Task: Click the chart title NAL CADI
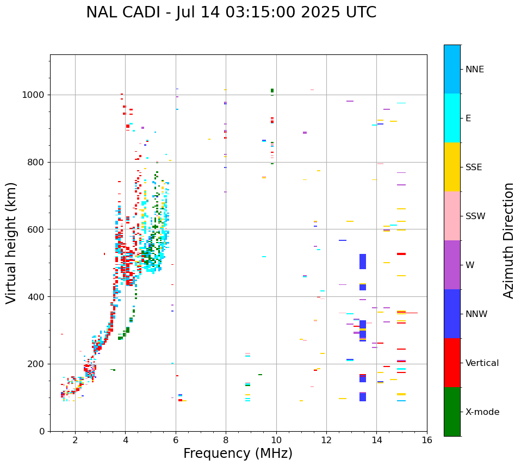231,13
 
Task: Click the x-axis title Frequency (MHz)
238,453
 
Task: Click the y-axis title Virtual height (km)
11,243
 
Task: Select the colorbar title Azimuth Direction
508,240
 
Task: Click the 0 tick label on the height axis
42,431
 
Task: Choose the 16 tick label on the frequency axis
427,440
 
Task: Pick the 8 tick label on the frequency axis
226,440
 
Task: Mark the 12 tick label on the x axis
326,440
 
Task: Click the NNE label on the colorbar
475,70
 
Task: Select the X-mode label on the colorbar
482,412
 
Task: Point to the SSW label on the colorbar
475,216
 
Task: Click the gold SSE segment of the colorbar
452,167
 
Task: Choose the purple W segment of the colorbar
452,265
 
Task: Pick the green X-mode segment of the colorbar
452,412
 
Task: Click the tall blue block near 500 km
363,262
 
